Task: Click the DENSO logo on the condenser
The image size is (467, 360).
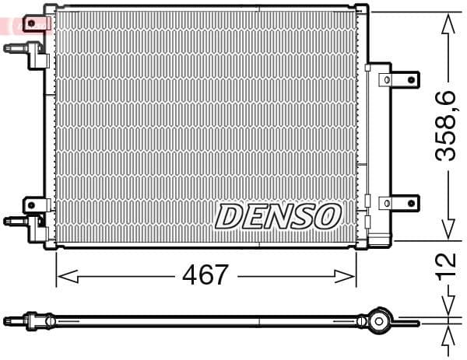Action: coord(278,216)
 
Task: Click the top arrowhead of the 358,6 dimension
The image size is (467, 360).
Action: coord(447,24)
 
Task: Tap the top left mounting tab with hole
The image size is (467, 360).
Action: coord(33,23)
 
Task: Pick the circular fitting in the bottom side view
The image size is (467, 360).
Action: coord(378,320)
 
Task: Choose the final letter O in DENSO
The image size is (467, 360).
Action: coord(328,216)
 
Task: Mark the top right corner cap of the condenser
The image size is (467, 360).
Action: coord(362,9)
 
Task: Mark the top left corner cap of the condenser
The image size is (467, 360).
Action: coord(50,9)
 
